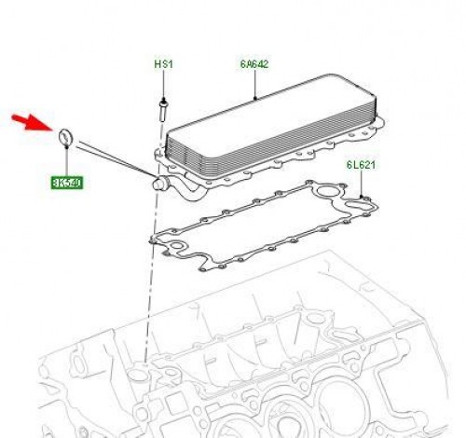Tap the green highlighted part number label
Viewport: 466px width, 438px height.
point(66,183)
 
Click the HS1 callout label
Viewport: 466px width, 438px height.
point(164,65)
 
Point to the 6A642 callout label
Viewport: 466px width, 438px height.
point(254,65)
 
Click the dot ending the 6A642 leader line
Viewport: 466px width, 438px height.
point(254,98)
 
